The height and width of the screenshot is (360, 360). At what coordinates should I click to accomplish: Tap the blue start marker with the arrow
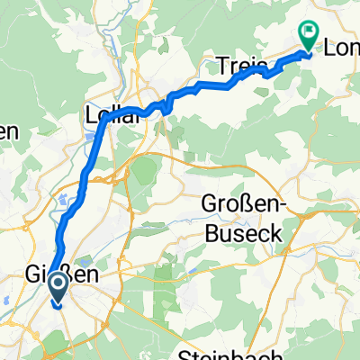point(57,289)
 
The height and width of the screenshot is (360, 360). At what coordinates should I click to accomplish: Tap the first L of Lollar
point(88,114)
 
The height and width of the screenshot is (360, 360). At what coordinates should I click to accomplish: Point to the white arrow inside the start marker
point(57,288)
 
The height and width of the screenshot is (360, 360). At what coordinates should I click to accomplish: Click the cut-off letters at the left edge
point(7,130)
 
